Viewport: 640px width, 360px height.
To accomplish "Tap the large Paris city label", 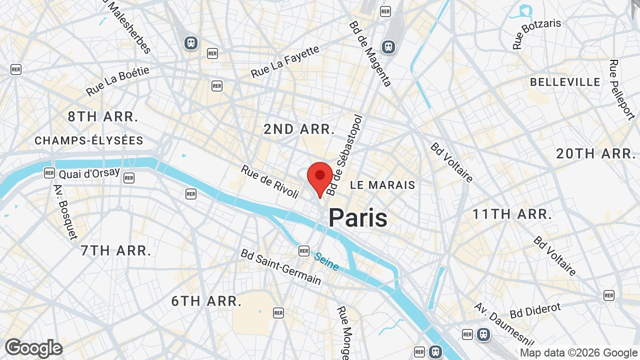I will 358,218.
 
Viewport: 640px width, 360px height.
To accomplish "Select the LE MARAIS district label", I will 382,185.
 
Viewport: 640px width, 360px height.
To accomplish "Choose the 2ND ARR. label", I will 299,129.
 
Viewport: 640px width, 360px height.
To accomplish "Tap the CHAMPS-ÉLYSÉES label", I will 89,141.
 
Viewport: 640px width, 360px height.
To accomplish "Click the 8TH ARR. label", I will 103,117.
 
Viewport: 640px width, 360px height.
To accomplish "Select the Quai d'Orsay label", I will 89,173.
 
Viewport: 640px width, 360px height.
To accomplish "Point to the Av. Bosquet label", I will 65,212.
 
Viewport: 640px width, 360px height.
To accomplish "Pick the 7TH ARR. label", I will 116,250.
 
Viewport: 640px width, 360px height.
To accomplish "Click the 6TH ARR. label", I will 206,301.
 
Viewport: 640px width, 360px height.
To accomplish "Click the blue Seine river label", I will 326,261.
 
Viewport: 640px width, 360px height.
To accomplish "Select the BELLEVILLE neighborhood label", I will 565,82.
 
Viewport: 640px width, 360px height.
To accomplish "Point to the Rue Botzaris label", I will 536,33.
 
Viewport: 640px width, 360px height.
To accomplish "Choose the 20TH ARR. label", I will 595,153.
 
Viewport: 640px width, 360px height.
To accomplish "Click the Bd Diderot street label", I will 535,310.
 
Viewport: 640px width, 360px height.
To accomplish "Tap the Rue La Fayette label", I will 284,62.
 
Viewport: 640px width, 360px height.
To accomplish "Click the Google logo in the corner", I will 33,348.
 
